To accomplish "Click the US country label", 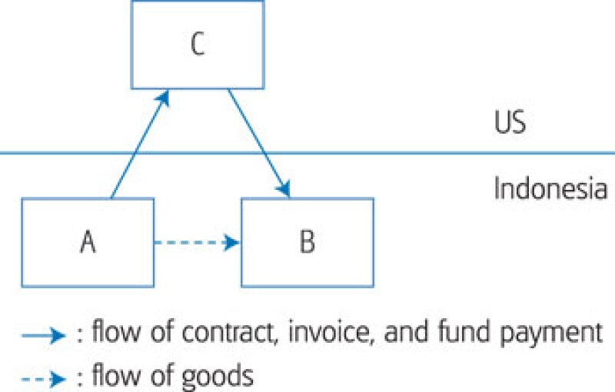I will click(x=510, y=123).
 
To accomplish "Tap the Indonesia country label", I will click(x=550, y=188).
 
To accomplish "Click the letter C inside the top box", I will click(x=197, y=45).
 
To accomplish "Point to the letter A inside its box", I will click(x=88, y=242).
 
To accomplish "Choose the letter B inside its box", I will click(x=307, y=242).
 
